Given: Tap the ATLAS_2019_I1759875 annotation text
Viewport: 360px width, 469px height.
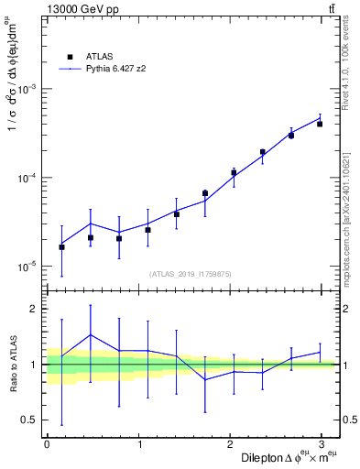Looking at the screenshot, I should (x=191, y=273).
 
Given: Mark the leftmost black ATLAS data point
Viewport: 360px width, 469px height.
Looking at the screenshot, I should (x=61, y=246).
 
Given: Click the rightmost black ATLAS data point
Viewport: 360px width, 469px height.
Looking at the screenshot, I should (x=320, y=124).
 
